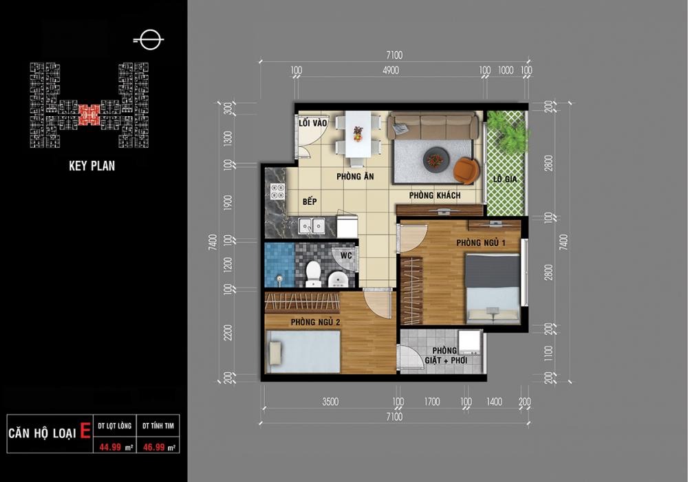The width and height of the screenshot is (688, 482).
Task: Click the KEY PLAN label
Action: point(92,166)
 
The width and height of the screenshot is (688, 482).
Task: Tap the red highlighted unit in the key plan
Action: point(89,114)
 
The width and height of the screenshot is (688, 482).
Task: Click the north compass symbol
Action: point(149,40)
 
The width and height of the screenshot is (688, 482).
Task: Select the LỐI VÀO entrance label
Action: point(313,123)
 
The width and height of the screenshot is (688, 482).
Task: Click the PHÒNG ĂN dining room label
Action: point(355,176)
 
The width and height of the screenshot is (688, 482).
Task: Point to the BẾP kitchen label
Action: point(310,201)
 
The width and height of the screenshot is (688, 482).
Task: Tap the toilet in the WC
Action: point(313,274)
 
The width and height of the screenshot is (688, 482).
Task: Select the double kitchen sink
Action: point(312,226)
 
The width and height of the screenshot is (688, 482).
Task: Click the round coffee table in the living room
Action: point(436,160)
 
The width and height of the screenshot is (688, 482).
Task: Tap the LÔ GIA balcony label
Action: point(504,179)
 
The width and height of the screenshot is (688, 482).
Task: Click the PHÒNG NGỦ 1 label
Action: point(481,243)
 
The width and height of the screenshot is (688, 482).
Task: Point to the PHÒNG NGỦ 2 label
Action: point(316,322)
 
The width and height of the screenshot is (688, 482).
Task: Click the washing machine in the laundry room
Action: point(469,342)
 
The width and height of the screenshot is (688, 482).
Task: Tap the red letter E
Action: point(85,431)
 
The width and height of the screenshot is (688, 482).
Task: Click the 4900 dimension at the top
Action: point(391,70)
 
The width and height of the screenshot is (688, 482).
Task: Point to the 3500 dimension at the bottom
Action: point(330,402)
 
